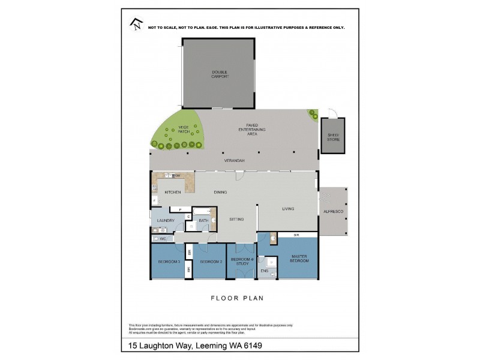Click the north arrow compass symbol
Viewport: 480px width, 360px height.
(x=136, y=24)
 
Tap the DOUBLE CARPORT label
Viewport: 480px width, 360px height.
(x=220, y=74)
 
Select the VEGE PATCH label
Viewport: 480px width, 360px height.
(x=183, y=129)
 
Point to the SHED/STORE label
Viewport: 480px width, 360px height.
(x=333, y=137)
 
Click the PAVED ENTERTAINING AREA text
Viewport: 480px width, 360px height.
(x=252, y=130)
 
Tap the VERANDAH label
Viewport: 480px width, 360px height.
(x=234, y=161)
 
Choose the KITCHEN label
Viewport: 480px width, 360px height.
(x=173, y=192)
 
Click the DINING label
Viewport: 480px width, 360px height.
(x=221, y=192)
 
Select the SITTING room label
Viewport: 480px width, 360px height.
(x=236, y=220)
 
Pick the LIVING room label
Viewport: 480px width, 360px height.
(x=288, y=209)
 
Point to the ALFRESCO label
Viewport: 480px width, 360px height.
(x=332, y=212)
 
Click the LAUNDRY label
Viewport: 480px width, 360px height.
(x=165, y=221)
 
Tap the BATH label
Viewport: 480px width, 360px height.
(x=203, y=221)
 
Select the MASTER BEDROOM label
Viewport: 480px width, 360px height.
(x=299, y=259)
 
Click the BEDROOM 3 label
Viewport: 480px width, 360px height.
(x=169, y=262)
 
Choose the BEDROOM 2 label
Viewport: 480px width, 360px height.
(x=211, y=262)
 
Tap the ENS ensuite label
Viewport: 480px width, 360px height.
(x=265, y=271)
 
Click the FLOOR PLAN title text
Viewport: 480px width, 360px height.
(x=237, y=298)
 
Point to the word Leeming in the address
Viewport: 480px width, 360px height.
(x=211, y=346)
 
